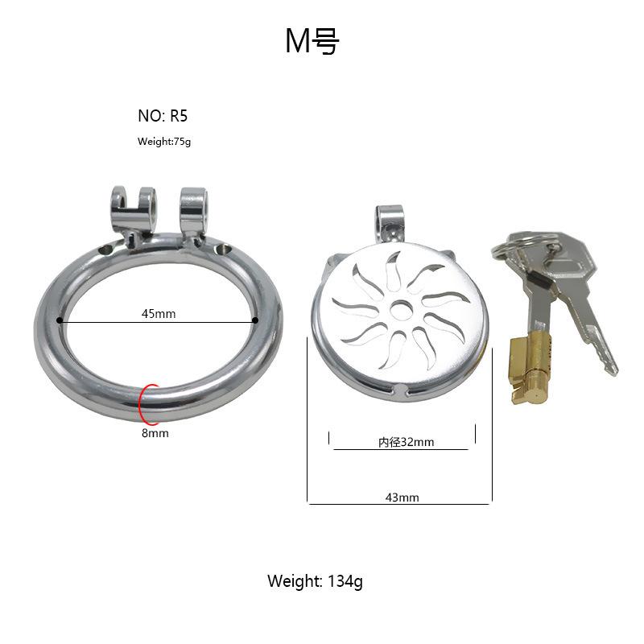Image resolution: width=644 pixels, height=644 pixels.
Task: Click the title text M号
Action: [312, 41]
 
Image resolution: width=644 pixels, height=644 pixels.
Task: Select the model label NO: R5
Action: [163, 116]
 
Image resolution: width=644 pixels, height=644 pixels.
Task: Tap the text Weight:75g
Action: [164, 142]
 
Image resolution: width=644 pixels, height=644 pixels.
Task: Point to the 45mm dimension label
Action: [159, 314]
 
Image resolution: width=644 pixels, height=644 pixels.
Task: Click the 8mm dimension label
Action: [155, 433]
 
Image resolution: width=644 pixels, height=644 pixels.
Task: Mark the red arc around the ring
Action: [140, 405]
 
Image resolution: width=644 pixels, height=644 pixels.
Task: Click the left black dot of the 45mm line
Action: [60, 320]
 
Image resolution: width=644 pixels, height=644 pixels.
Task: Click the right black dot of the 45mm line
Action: [255, 320]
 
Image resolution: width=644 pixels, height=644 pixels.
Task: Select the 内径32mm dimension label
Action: [407, 442]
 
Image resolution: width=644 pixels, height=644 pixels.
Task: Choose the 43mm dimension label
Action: [402, 497]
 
